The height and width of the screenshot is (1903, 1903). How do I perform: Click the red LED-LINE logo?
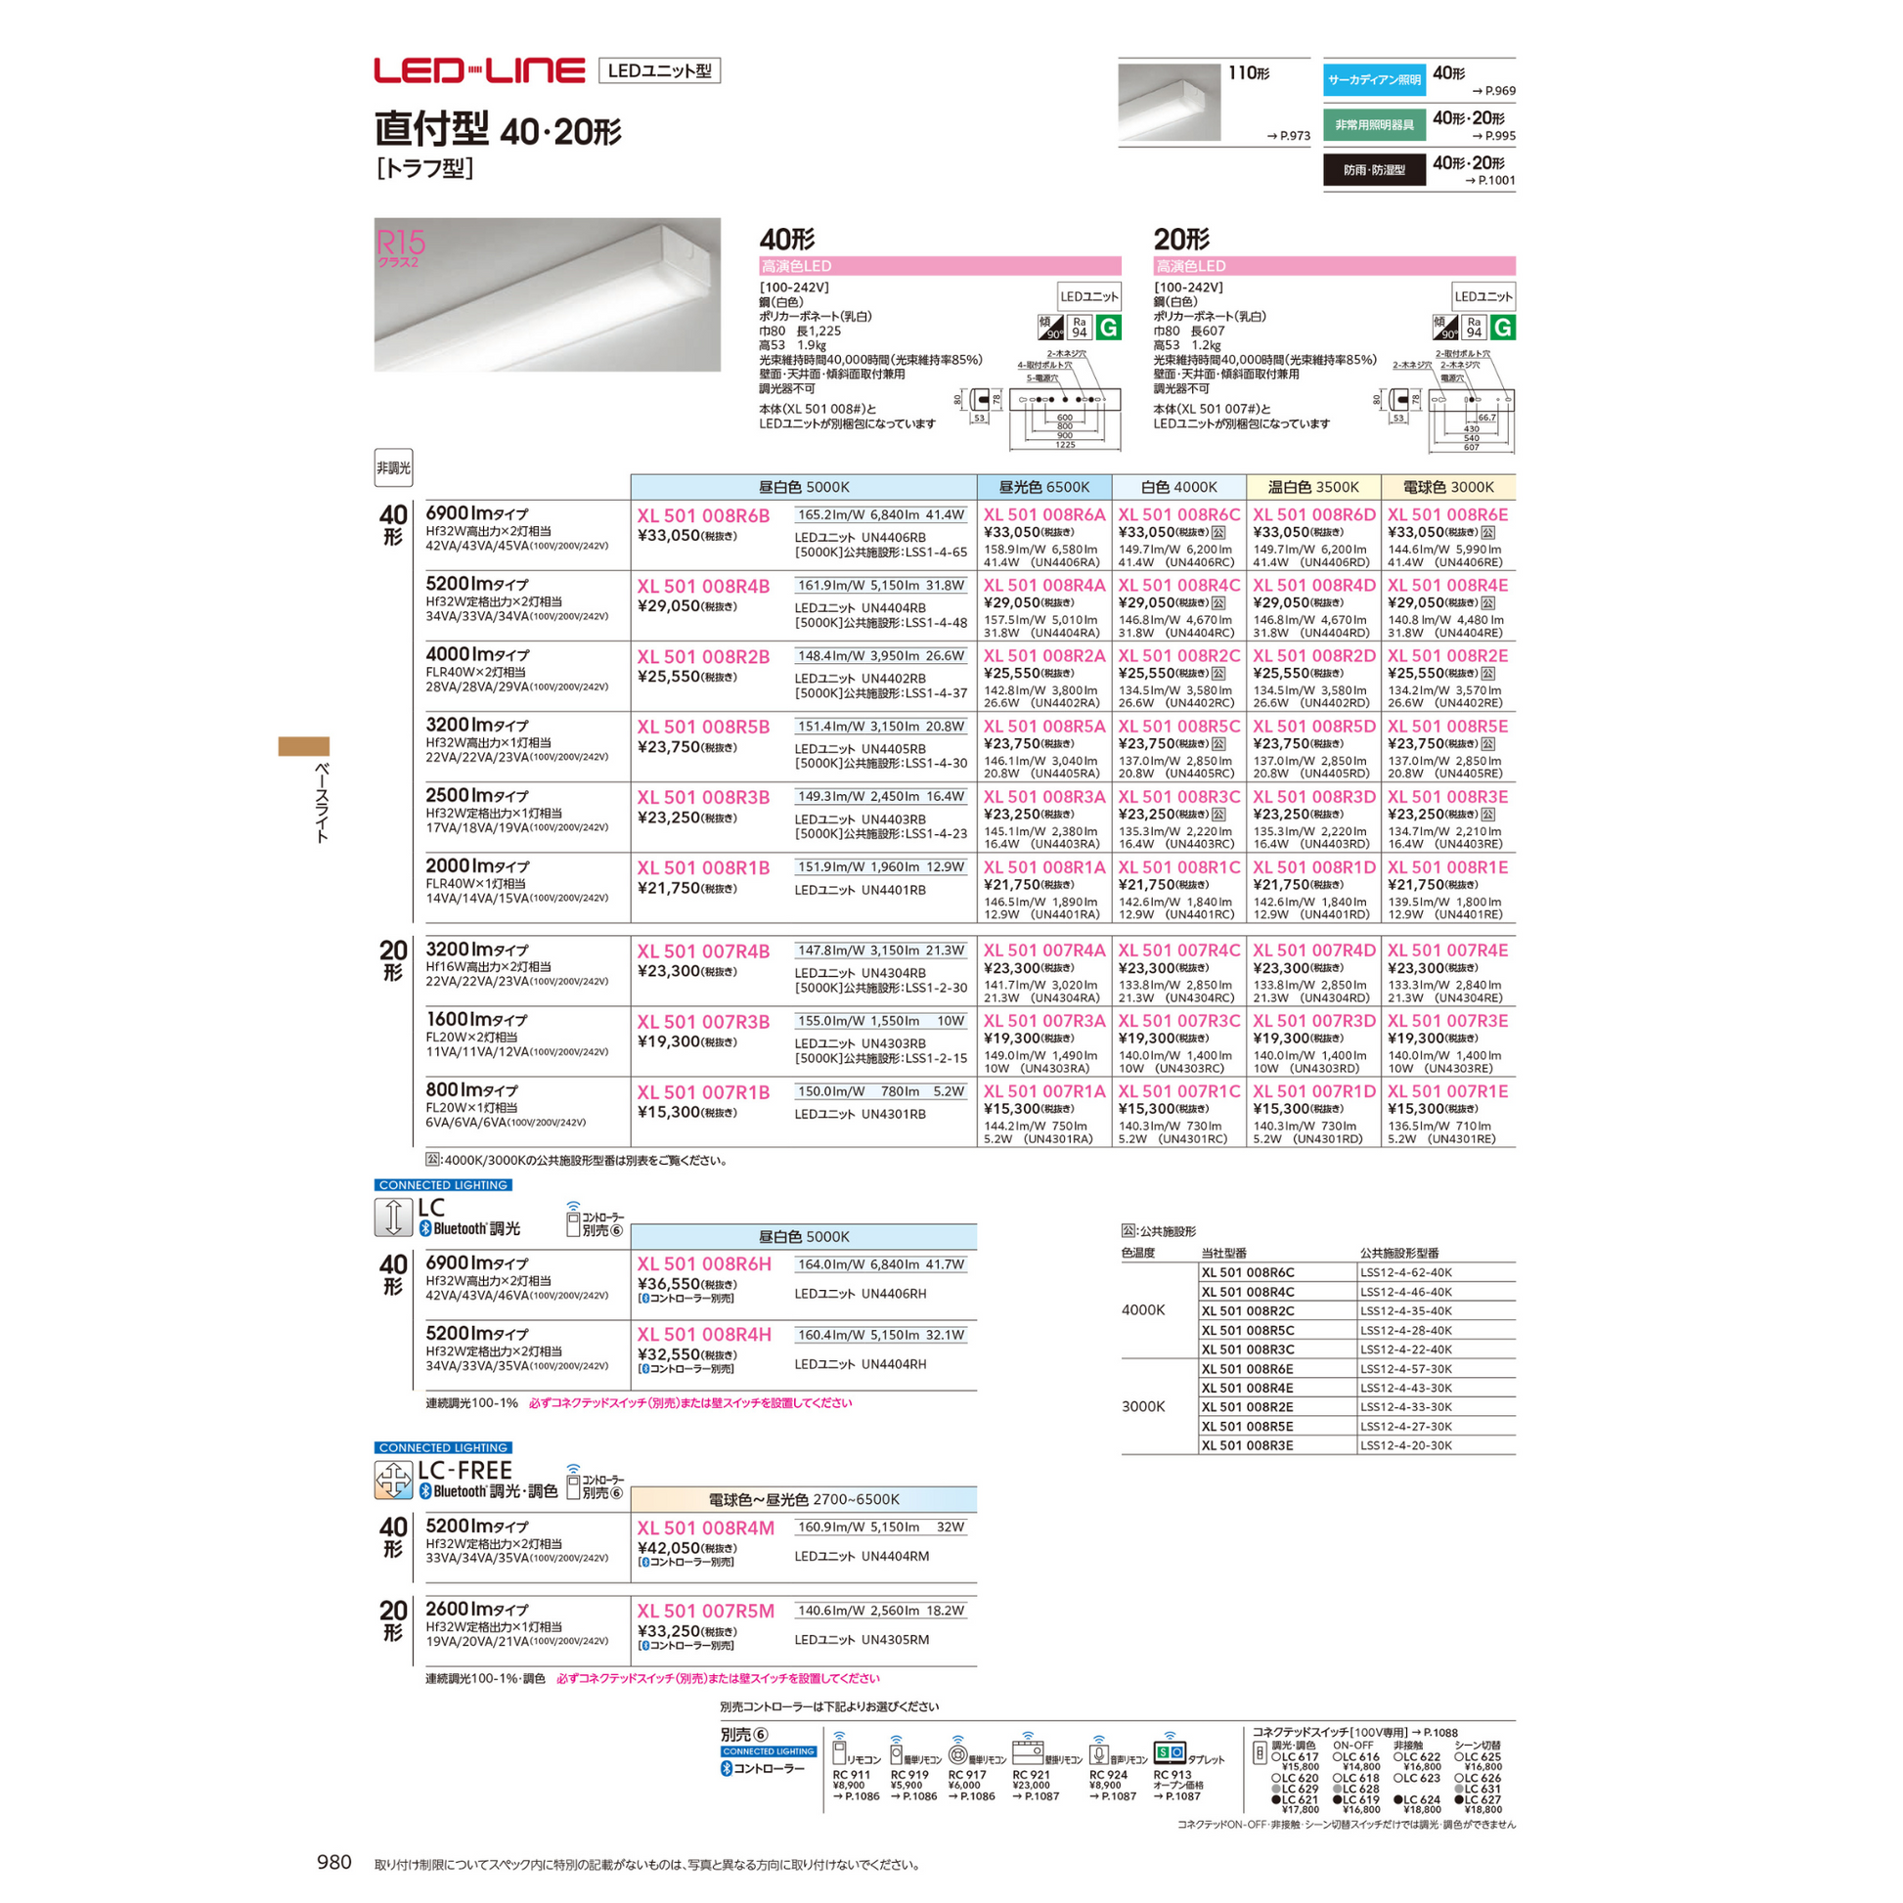(479, 71)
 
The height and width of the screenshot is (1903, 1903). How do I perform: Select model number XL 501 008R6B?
(702, 516)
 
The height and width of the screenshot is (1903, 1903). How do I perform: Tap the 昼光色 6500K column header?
(1044, 488)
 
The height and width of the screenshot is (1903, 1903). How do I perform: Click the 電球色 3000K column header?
(1448, 488)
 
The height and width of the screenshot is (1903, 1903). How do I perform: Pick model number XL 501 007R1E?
(1447, 1091)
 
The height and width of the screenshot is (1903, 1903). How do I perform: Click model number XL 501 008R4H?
(703, 1335)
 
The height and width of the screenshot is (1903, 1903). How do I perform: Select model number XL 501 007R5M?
(705, 1612)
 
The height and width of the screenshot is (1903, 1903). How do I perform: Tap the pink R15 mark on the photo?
(400, 243)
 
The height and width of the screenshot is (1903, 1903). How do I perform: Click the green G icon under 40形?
(1108, 328)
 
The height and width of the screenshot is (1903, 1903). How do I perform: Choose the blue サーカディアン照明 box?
(1373, 80)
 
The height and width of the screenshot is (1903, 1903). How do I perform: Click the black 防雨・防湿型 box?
(1373, 170)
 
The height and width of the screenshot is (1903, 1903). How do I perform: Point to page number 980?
(333, 1862)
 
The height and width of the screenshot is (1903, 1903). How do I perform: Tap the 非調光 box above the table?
(393, 467)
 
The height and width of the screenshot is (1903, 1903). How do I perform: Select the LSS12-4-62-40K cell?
(1405, 1272)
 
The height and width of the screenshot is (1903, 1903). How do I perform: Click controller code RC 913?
(1172, 1775)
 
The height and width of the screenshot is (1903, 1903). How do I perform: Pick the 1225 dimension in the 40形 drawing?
(1065, 445)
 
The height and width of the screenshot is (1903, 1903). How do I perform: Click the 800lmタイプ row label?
(470, 1090)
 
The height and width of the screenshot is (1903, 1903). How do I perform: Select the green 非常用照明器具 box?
(1373, 125)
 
